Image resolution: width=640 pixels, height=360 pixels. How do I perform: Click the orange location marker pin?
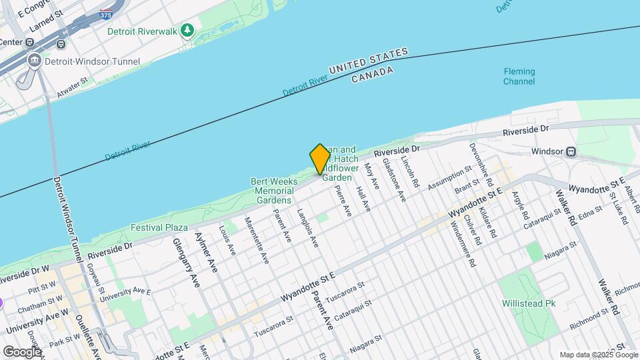(x=320, y=159)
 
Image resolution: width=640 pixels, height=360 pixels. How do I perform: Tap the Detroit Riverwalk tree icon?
(x=187, y=31)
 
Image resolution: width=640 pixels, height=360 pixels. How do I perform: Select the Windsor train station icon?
(x=571, y=151)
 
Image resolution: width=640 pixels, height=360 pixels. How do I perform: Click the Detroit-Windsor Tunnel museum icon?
(x=34, y=61)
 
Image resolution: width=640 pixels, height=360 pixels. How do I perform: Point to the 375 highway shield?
(x=105, y=13)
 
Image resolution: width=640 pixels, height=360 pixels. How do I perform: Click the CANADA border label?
(x=373, y=75)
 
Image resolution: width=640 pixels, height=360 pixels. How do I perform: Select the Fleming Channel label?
(x=519, y=77)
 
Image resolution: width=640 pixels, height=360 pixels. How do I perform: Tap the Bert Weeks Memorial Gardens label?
(x=273, y=191)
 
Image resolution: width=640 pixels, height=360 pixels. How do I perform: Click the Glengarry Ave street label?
(x=186, y=263)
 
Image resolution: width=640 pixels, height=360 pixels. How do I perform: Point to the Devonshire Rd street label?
(x=481, y=164)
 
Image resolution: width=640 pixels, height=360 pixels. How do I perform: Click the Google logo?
(x=22, y=351)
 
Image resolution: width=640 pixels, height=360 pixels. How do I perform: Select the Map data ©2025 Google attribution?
(x=598, y=355)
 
